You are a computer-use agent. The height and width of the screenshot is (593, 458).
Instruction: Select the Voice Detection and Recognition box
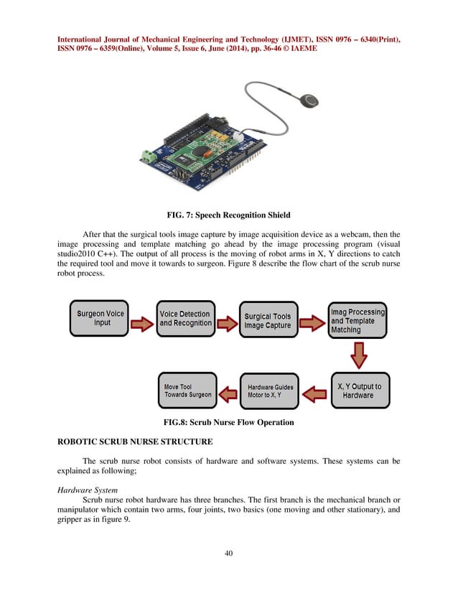tap(185, 318)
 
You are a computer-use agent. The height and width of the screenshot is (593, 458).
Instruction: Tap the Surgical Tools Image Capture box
tap(268, 320)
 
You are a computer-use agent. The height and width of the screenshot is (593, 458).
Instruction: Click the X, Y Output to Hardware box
tap(359, 391)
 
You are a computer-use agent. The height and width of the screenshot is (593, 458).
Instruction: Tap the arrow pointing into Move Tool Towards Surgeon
tap(228, 392)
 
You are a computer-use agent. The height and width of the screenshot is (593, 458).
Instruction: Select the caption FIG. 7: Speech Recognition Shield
tap(228, 213)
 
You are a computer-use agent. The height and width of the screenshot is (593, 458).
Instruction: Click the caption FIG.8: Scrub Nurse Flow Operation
tap(228, 422)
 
